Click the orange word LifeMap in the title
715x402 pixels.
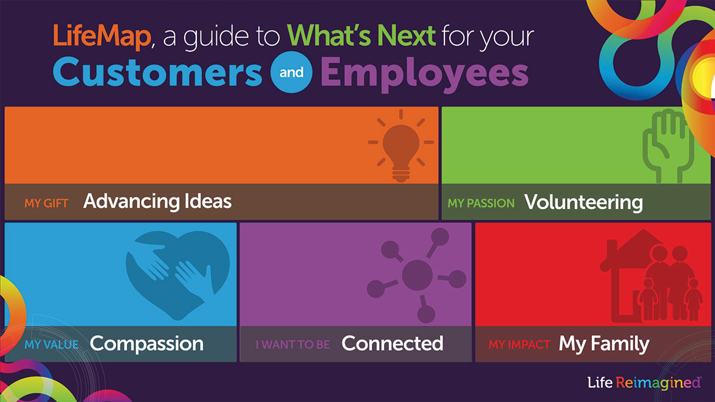coord(102,36)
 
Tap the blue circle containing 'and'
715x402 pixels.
coord(291,72)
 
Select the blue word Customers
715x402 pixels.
coord(158,72)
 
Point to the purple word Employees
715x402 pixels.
coord(424,74)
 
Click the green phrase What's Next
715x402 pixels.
coord(361,35)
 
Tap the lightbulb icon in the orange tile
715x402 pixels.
coord(401,146)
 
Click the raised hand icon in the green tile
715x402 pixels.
coord(669,146)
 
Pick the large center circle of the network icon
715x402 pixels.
coord(417,275)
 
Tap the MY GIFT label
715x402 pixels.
coord(46,203)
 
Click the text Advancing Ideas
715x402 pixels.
coord(157,202)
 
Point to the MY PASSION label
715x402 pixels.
coord(481,203)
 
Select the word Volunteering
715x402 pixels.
coord(584,203)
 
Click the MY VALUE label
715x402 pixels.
coord(52,345)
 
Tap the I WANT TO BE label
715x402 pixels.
coord(293,345)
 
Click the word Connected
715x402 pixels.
coord(392,343)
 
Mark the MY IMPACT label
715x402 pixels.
coord(519,345)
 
